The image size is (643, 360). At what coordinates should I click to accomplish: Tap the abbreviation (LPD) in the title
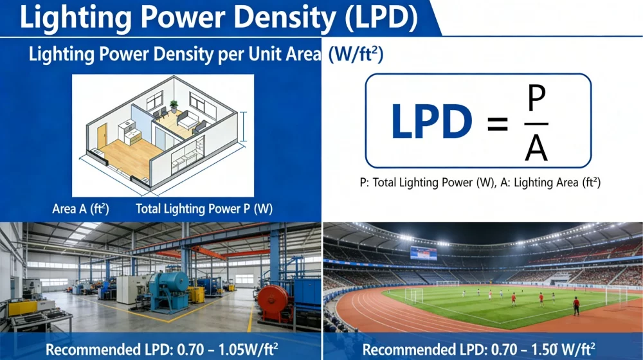point(381,17)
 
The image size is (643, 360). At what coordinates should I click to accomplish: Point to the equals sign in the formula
point(498,123)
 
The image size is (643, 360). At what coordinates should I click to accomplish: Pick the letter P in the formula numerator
point(536,98)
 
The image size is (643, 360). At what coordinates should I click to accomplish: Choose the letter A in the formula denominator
point(536,148)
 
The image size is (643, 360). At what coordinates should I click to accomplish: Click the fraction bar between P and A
point(536,123)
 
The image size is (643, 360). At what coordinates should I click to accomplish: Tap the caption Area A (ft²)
point(80,209)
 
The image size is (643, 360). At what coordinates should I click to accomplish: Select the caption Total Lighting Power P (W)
point(204,209)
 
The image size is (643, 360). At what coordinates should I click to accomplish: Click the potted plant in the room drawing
point(174,107)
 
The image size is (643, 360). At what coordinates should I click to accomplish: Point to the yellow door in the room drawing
point(102,136)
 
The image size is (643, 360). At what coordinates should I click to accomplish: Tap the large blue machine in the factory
point(168,291)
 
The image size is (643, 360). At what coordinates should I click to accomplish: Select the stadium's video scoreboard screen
point(424,253)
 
